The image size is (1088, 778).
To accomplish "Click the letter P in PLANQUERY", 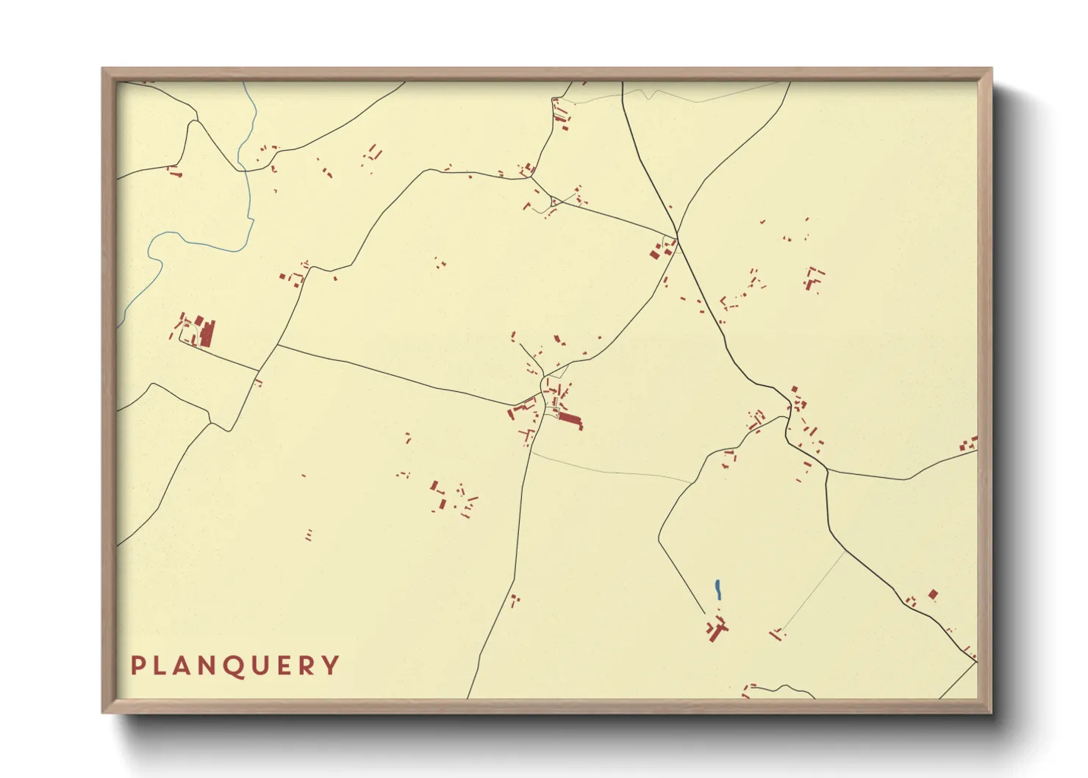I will (x=137, y=665).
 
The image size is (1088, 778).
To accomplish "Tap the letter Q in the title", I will (x=235, y=666).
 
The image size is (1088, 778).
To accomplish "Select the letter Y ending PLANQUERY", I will (x=332, y=665).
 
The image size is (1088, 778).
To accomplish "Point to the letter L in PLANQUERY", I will (x=160, y=665).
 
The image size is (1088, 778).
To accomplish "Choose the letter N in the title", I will (x=208, y=665).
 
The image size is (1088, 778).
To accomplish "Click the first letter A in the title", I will (x=183, y=665).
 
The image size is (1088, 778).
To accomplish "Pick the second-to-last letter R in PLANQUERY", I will (x=308, y=665).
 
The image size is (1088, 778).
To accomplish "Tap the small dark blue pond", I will (x=717, y=589).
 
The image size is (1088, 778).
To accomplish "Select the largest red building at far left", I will (x=207, y=333).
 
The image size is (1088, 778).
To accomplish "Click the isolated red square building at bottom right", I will (x=933, y=594).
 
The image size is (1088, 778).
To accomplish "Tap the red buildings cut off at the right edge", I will (x=970, y=444).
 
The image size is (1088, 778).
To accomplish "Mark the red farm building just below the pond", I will (x=716, y=629).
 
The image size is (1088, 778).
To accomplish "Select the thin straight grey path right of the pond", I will (x=812, y=592).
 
